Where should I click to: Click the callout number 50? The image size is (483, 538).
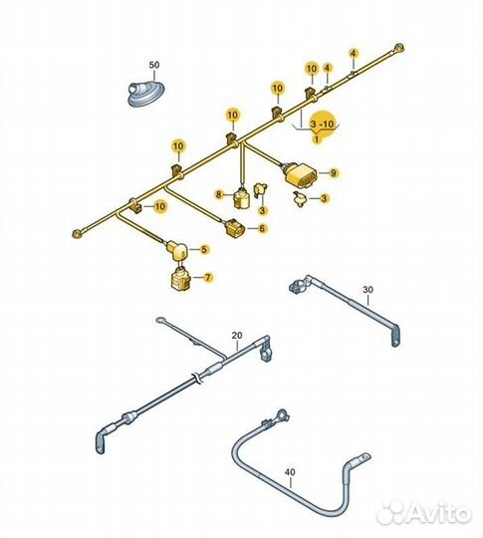[x=154, y=65]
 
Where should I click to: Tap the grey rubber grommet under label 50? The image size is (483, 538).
[x=147, y=94]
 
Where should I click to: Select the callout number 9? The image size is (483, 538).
[x=334, y=173]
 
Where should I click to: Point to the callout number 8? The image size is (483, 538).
[x=219, y=195]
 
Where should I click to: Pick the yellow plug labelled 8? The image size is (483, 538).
[x=241, y=198]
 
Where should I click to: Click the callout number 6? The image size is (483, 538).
[x=262, y=228]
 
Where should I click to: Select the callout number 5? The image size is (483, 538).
[x=204, y=249]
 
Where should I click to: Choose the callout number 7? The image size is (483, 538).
[x=208, y=277]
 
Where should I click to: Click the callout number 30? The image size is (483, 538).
[x=367, y=290]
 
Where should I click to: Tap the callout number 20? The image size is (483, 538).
[x=237, y=335]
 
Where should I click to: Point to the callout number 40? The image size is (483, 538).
[x=290, y=472]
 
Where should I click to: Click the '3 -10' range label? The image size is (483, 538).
[x=322, y=124]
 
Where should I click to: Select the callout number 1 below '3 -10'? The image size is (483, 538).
[x=317, y=138]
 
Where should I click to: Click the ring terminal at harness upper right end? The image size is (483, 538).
[x=398, y=47]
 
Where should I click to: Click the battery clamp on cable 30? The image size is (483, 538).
[x=298, y=285]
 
